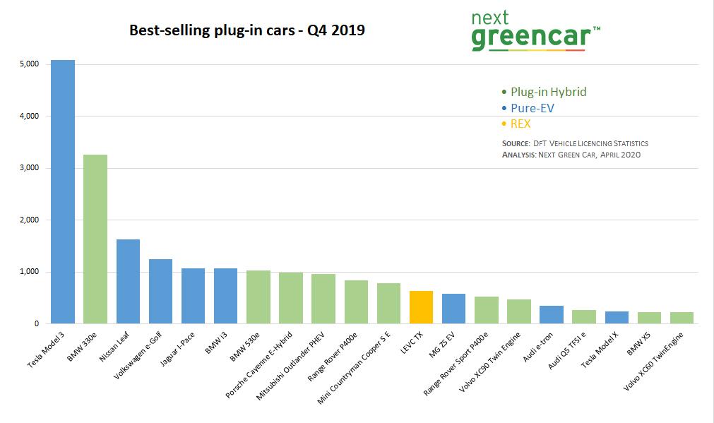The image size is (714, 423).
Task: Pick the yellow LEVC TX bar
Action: click(x=421, y=307)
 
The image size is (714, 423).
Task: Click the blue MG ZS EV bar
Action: click(x=453, y=309)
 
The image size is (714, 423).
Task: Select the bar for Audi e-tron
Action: click(x=551, y=315)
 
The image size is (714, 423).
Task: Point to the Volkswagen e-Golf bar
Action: click(x=160, y=291)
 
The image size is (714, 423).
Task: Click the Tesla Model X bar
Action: click(x=617, y=318)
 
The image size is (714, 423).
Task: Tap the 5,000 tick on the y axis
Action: click(x=29, y=64)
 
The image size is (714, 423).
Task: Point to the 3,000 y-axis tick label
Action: click(x=29, y=168)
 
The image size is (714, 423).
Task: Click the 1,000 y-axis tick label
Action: click(x=29, y=272)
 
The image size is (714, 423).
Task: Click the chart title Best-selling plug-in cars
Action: click(x=246, y=30)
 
